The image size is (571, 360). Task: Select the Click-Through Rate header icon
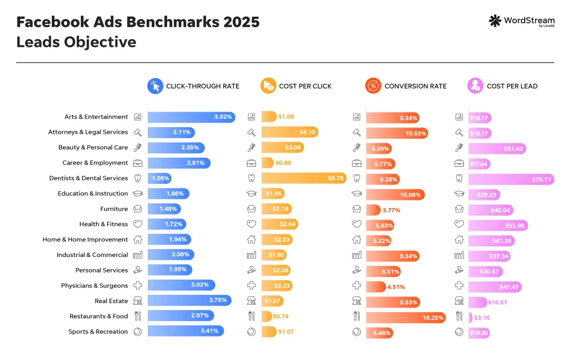click(x=154, y=86)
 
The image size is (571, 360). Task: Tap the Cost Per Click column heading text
click(x=305, y=86)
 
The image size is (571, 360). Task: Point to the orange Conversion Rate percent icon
click(x=372, y=86)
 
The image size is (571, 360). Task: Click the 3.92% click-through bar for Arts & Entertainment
click(x=191, y=117)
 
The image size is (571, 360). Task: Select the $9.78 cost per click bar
click(x=304, y=178)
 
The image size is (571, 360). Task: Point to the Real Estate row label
click(x=111, y=301)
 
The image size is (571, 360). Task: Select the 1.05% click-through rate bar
click(x=159, y=178)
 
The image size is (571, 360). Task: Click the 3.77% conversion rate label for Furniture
click(x=390, y=210)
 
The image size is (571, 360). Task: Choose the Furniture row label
click(x=114, y=209)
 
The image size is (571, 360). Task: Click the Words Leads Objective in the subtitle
click(x=76, y=42)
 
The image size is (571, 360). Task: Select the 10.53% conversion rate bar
click(x=397, y=133)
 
